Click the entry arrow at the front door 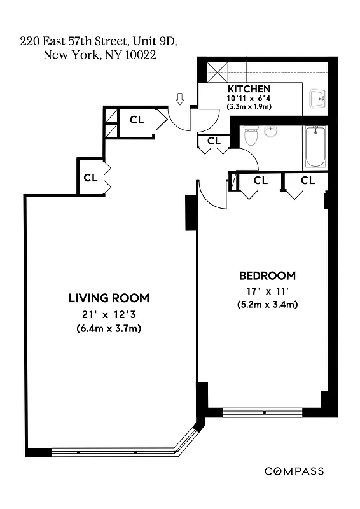pyautogui.click(x=180, y=99)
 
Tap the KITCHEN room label pyautogui.click(x=249, y=89)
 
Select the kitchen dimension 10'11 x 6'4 pyautogui.click(x=249, y=98)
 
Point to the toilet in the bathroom pyautogui.click(x=251, y=135)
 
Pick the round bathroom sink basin pyautogui.click(x=272, y=132)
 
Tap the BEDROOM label pyautogui.click(x=267, y=275)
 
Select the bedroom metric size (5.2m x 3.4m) pyautogui.click(x=267, y=304)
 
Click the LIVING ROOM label pyautogui.click(x=109, y=298)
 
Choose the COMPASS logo pyautogui.click(x=294, y=471)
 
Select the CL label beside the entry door pyautogui.click(x=137, y=119)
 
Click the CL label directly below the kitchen pyautogui.click(x=214, y=141)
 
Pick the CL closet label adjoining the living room pyautogui.click(x=90, y=178)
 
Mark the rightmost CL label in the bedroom pyautogui.click(x=308, y=181)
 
